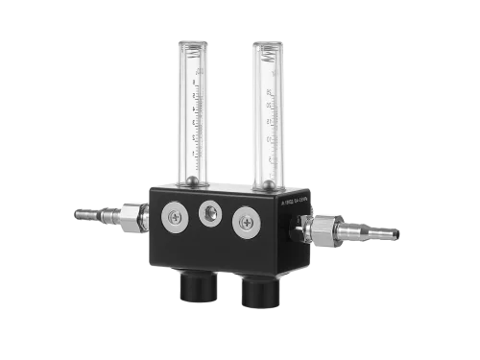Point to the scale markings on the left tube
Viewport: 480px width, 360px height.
pos(199,125)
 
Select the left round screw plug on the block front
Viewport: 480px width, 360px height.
pos(177,218)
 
